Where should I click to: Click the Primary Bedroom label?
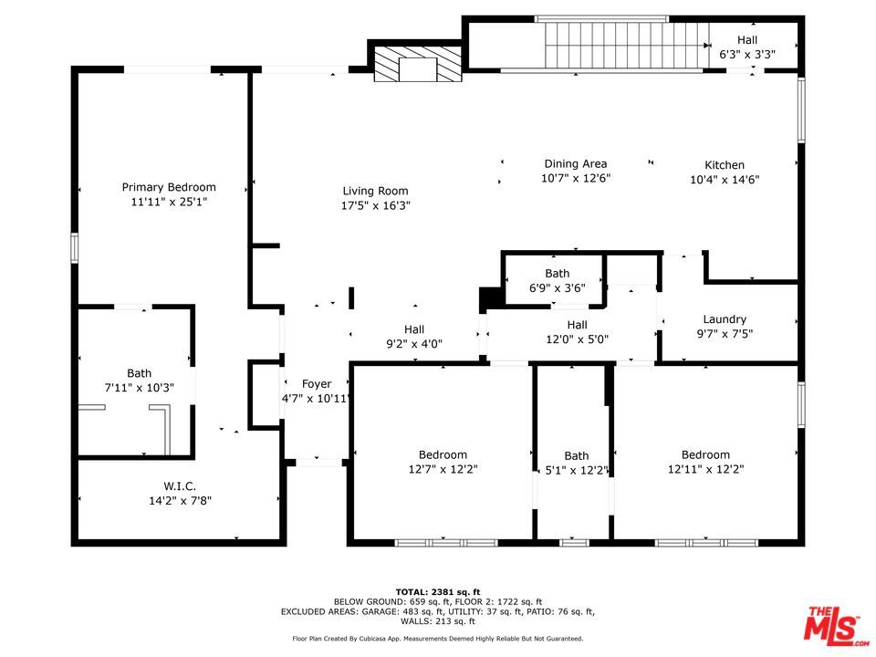(169, 187)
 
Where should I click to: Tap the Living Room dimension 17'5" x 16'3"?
(375, 205)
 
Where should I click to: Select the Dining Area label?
(576, 163)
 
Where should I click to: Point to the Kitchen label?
(724, 165)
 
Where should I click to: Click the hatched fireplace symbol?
(418, 64)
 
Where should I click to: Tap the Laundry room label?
(725, 319)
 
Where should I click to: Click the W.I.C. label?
(180, 486)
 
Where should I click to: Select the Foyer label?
(317, 384)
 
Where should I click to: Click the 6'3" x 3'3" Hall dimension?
(747, 54)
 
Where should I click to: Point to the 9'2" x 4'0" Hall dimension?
(414, 344)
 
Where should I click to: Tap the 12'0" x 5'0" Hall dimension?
(577, 339)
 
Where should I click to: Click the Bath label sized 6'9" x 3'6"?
(557, 273)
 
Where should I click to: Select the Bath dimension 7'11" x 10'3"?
(139, 387)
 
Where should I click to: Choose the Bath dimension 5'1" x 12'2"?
(576, 471)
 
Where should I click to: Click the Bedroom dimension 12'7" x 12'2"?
(443, 469)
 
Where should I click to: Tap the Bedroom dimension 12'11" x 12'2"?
(705, 469)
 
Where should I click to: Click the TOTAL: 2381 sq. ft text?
(438, 592)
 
